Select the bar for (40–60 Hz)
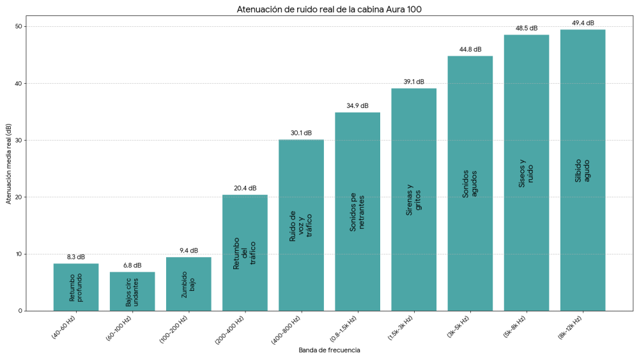pyautogui.click(x=76, y=287)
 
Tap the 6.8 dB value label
pyautogui.click(x=132, y=265)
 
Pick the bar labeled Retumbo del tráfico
pyautogui.click(x=245, y=253)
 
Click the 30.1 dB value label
pyautogui.click(x=301, y=133)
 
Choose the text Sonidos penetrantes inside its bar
pyautogui.click(x=357, y=211)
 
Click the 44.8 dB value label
pyautogui.click(x=470, y=49)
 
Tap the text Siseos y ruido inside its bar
pyautogui.click(x=527, y=173)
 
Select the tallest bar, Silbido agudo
pyautogui.click(x=583, y=170)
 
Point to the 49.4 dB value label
pyautogui.click(x=583, y=23)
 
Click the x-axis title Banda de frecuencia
pyautogui.click(x=329, y=350)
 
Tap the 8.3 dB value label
pyautogui.click(x=76, y=256)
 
